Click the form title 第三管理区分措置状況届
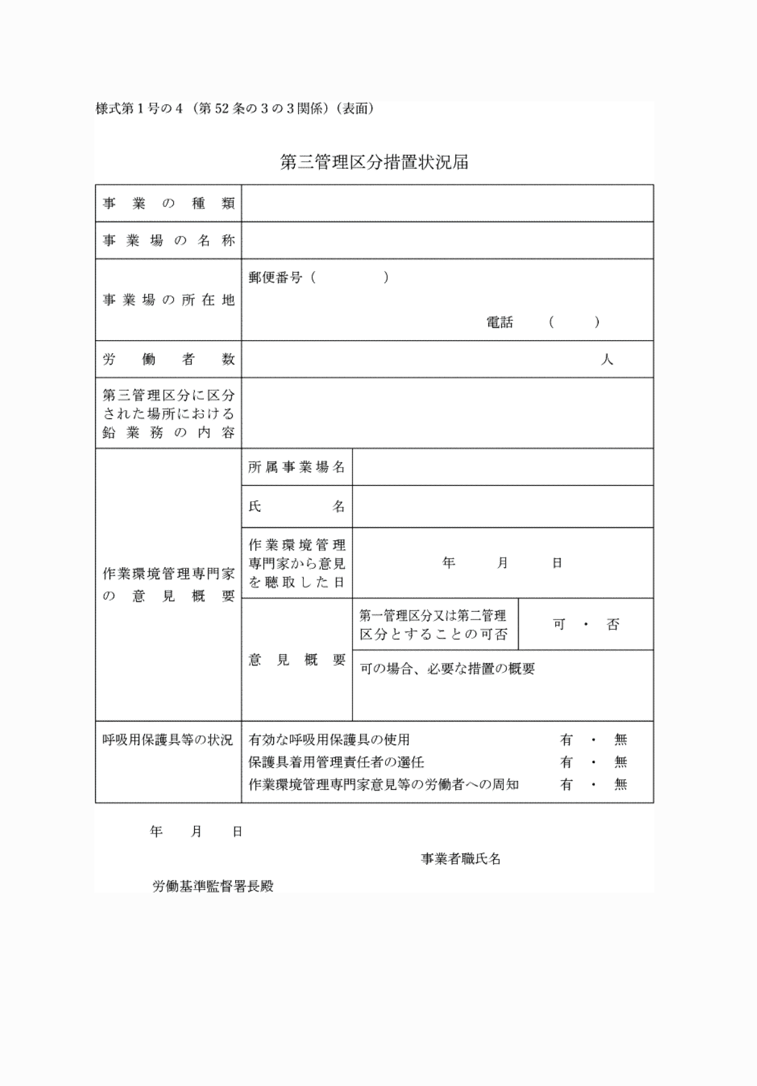tap(374, 162)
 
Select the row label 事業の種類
tap(169, 204)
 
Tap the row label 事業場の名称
tap(169, 241)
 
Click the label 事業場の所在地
tap(169, 300)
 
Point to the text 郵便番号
tap(275, 278)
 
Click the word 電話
tap(499, 322)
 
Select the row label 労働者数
tap(169, 359)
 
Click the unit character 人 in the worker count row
tap(606, 359)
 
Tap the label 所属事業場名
tap(297, 467)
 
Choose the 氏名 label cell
tap(297, 507)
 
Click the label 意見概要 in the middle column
tap(297, 660)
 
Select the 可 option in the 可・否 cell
tap(559, 624)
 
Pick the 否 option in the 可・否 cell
tap(613, 624)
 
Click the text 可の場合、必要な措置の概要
tap(447, 669)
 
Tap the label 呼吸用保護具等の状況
tap(168, 740)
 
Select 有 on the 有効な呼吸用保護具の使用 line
tap(566, 740)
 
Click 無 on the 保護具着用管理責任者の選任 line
tap(620, 762)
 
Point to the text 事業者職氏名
tap(460, 859)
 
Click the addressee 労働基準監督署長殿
tap(213, 887)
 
